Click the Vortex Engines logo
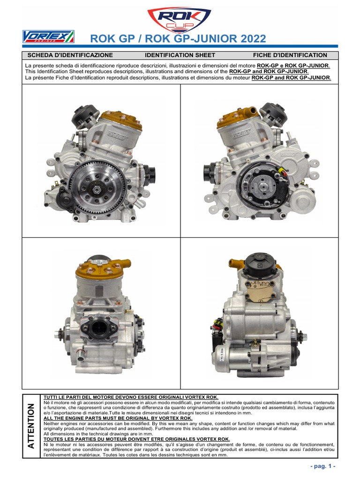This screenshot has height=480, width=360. [x=48, y=37]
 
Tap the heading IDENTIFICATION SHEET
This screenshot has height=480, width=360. [x=180, y=55]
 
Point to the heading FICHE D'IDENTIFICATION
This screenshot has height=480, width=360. [x=290, y=55]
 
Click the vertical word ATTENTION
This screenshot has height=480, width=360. [x=31, y=426]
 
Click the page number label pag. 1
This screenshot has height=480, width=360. [x=323, y=466]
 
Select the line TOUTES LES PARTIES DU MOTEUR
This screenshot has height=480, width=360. [x=136, y=439]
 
